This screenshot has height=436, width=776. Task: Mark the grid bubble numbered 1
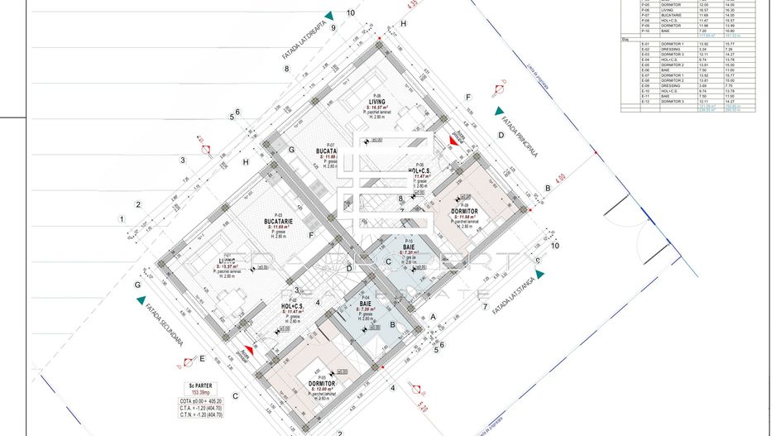[122, 219]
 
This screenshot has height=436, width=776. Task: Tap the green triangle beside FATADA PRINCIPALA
[499, 111]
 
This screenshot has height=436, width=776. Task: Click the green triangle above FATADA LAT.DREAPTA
[329, 16]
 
